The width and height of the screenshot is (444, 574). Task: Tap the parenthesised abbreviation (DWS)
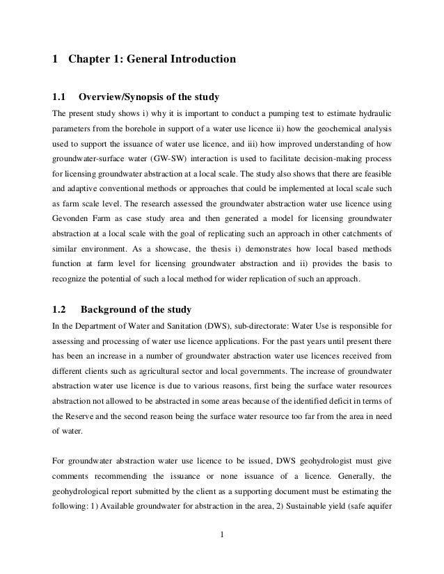202,325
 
